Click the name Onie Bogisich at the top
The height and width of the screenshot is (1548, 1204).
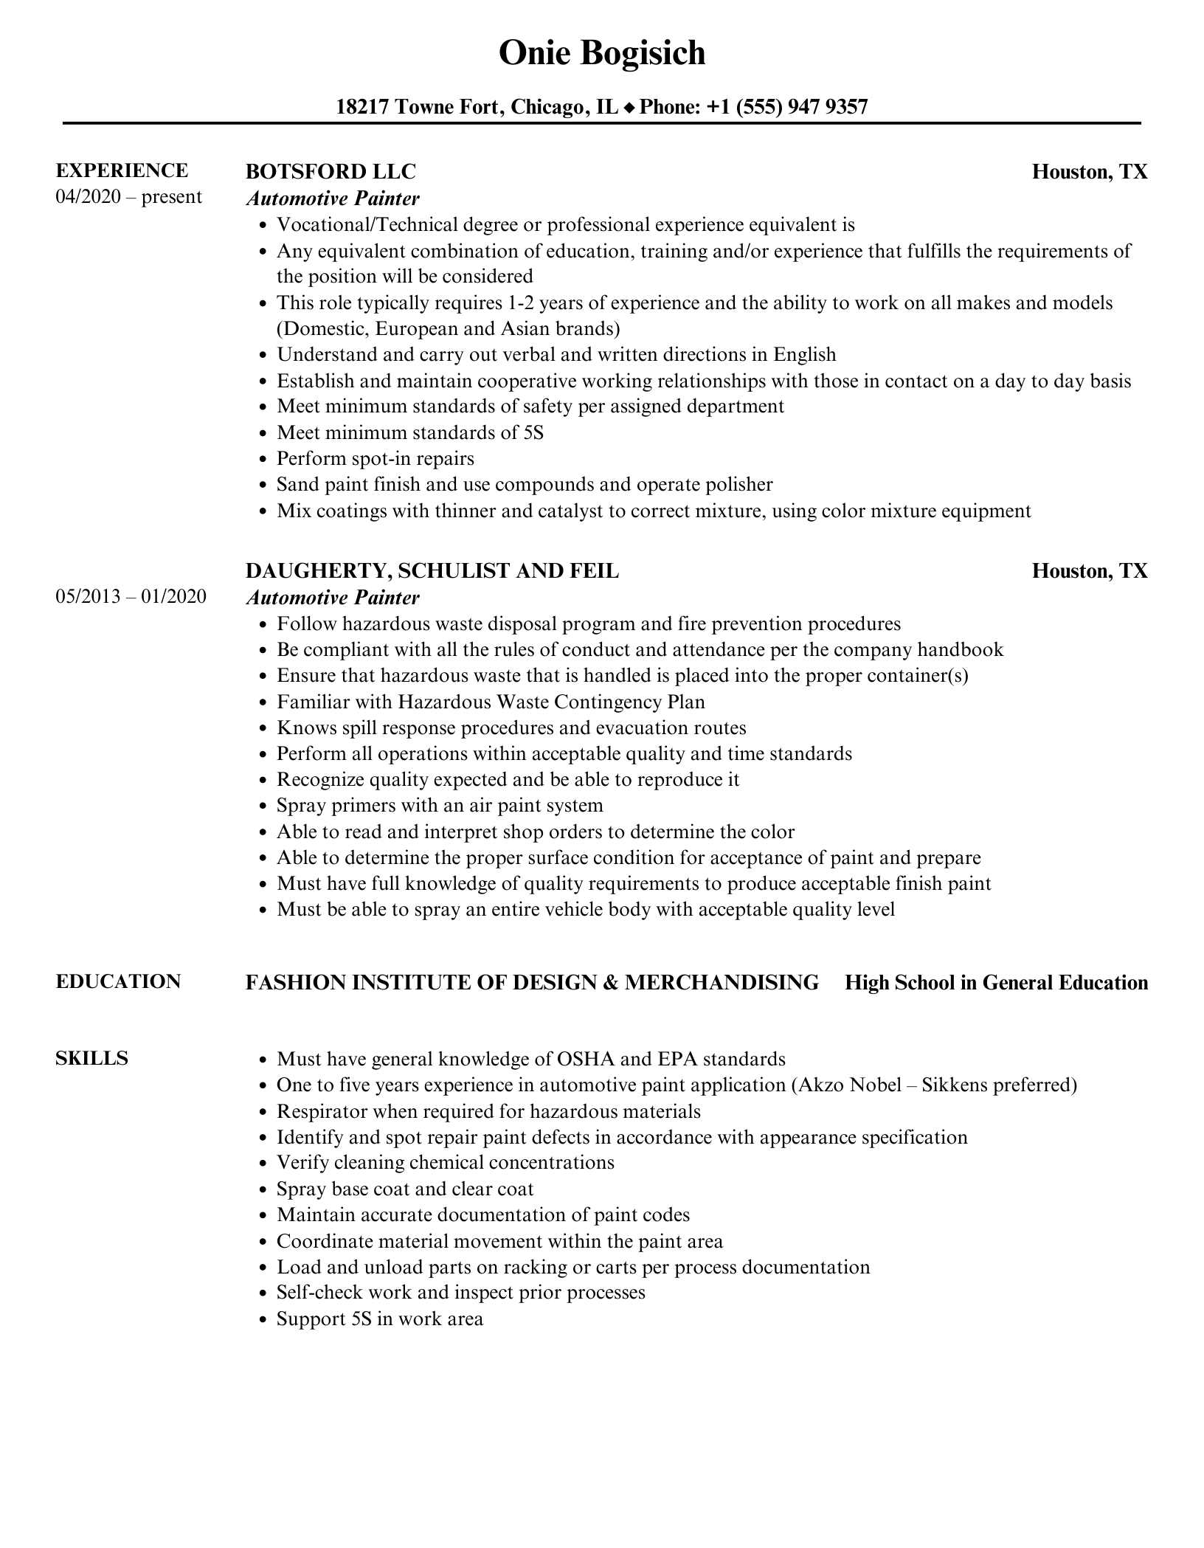click(602, 53)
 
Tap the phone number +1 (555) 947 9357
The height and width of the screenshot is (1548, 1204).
click(787, 107)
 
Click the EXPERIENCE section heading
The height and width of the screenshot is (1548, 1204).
click(122, 170)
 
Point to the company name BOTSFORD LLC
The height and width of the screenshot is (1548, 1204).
click(331, 171)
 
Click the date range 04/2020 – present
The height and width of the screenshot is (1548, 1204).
click(128, 197)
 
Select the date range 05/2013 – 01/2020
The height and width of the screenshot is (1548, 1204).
click(131, 596)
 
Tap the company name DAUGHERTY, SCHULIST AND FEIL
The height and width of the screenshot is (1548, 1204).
click(432, 570)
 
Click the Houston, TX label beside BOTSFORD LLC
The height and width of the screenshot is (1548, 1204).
click(1090, 171)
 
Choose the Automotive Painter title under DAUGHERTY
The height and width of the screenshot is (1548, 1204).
click(333, 597)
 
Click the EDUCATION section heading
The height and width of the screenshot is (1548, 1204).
click(118, 981)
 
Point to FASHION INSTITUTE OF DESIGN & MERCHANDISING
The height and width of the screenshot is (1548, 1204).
click(532, 982)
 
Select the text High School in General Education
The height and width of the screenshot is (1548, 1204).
click(996, 982)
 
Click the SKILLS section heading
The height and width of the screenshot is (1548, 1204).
click(91, 1058)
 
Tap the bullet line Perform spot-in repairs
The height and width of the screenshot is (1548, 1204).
click(375, 458)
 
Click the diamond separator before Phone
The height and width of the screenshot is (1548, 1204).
click(629, 108)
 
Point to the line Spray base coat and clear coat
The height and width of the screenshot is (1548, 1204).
click(404, 1189)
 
